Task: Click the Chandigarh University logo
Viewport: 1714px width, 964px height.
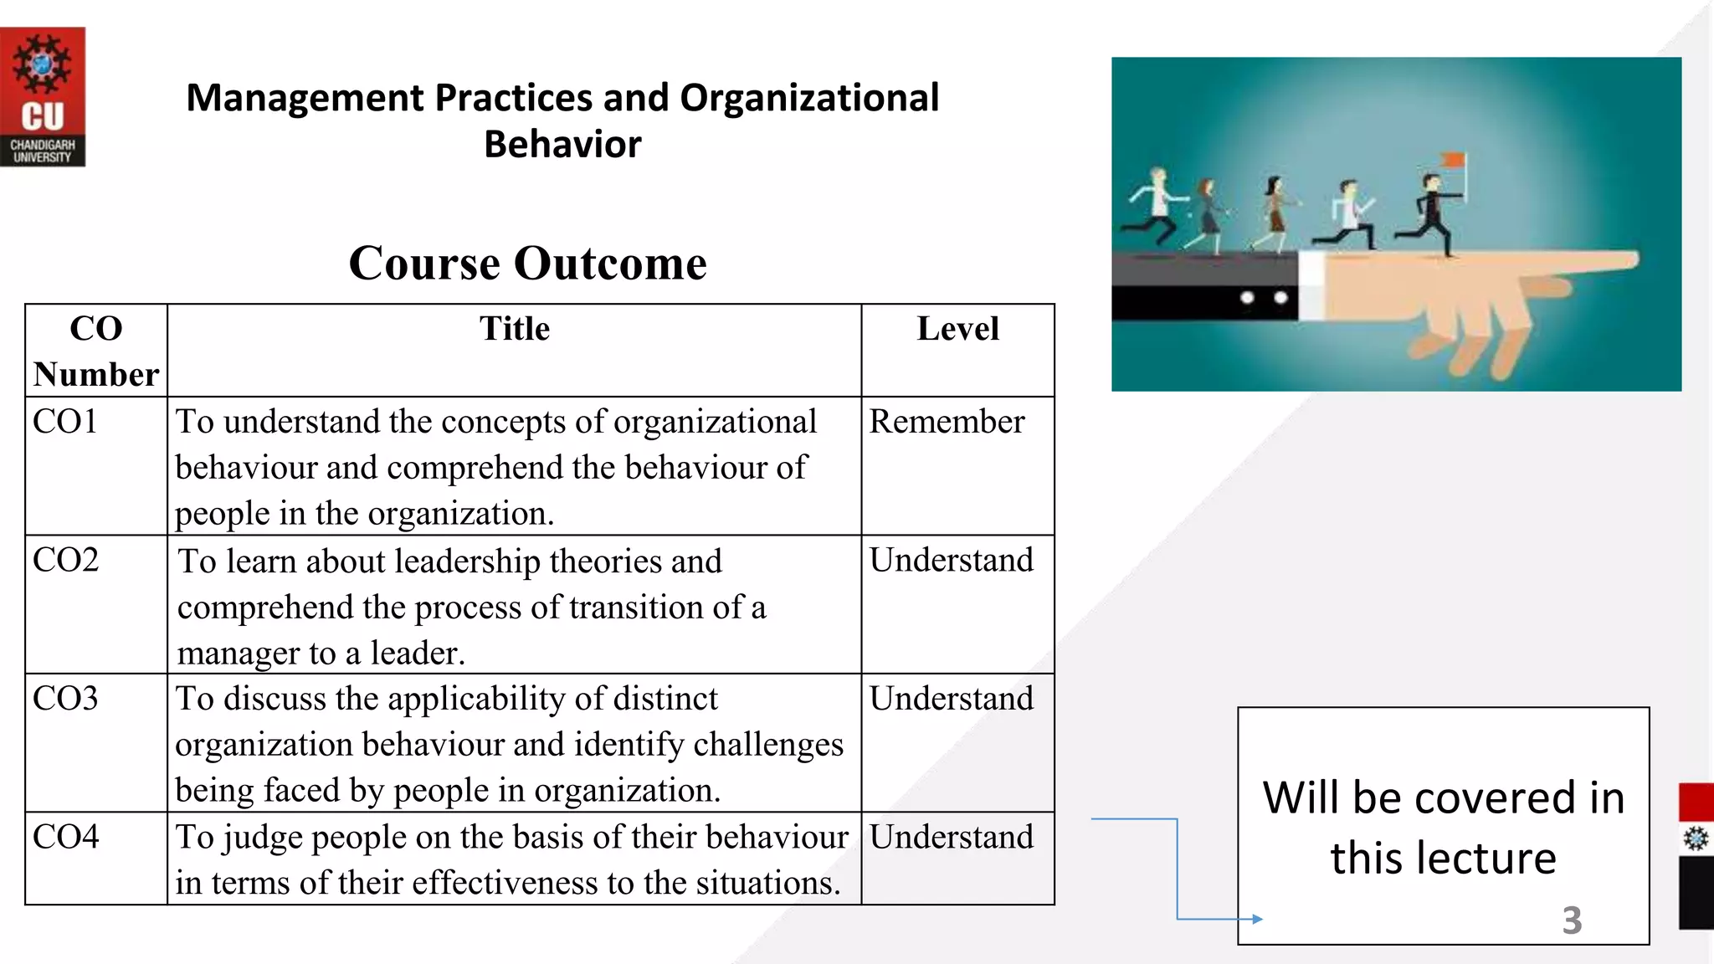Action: (x=42, y=96)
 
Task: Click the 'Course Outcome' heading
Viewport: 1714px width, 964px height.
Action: (x=527, y=263)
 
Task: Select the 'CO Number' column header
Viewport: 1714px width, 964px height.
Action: (x=96, y=351)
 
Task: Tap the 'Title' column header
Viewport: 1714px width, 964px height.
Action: (x=514, y=329)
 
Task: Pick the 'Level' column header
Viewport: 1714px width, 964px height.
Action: (x=957, y=329)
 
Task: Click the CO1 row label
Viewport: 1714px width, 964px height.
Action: (x=65, y=421)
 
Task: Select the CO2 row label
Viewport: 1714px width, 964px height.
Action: (x=65, y=560)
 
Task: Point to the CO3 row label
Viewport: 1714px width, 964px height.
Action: (x=65, y=699)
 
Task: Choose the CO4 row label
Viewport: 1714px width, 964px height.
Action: (x=65, y=837)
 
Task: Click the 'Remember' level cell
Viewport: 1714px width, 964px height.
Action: (x=947, y=422)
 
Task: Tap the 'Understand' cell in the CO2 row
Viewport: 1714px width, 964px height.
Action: (x=952, y=560)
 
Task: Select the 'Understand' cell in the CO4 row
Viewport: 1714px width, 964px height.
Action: (x=952, y=837)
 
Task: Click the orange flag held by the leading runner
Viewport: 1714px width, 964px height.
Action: (x=1455, y=160)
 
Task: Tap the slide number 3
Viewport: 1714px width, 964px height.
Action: (x=1572, y=920)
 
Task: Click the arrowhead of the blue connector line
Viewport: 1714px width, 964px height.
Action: (x=1257, y=919)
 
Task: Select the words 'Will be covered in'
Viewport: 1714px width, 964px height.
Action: (x=1443, y=797)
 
